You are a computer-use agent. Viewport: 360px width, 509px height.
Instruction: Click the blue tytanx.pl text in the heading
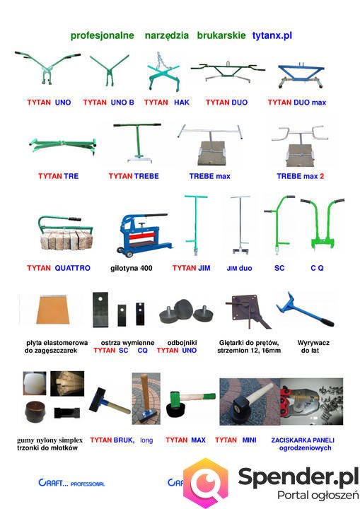tap(272, 35)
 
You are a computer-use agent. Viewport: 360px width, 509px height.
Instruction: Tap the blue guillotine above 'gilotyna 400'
tap(142, 235)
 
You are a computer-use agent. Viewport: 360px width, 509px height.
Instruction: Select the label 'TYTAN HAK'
tap(167, 103)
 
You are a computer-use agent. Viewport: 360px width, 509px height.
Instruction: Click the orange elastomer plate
tap(53, 309)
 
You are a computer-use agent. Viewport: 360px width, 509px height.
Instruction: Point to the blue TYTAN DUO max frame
tap(301, 76)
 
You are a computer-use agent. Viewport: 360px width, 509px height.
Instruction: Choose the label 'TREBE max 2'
tap(300, 176)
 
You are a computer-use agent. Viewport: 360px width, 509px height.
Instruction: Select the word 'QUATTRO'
tap(72, 268)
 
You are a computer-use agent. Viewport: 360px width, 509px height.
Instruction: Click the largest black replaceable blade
tap(100, 310)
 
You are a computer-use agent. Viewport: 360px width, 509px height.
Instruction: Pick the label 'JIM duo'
tap(239, 269)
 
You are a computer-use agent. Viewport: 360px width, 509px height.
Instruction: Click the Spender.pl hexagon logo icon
tap(205, 482)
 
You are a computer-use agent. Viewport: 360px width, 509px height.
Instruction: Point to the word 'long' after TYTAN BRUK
tap(146, 440)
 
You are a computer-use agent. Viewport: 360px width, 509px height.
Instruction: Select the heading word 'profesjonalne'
tap(103, 35)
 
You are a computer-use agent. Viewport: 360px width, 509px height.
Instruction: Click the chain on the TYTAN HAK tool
tap(159, 61)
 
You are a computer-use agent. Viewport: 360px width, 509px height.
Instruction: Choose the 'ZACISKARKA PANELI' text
tap(303, 440)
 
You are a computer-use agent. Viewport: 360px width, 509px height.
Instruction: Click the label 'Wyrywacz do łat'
tap(311, 346)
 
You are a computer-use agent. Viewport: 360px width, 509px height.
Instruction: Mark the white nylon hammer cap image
tap(35, 383)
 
